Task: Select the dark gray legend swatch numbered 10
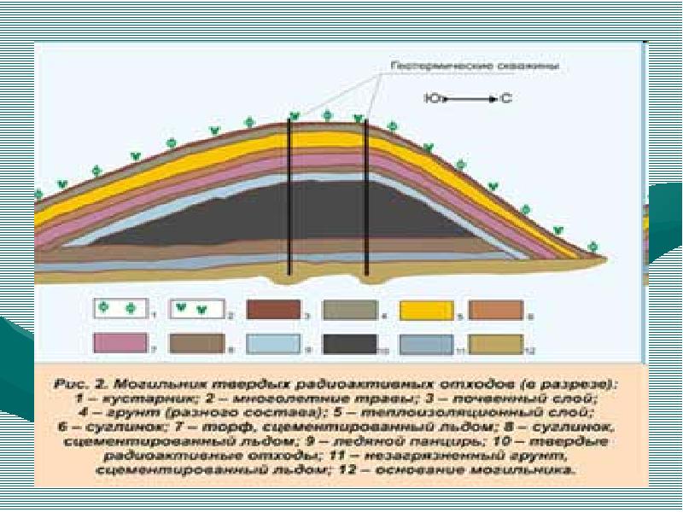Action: pos(352,343)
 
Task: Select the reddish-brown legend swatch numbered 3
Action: pos(274,309)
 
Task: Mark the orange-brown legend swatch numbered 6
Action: pos(495,309)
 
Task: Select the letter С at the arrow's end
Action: pos(505,100)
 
